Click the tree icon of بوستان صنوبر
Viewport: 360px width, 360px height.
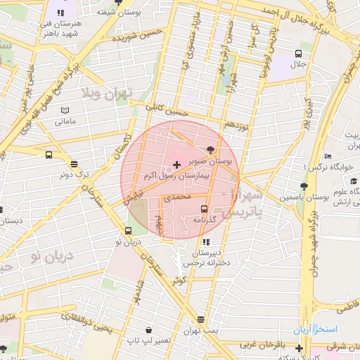coord(210,148)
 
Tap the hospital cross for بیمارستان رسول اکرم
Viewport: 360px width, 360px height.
coord(176,165)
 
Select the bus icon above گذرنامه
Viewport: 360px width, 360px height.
coord(204,209)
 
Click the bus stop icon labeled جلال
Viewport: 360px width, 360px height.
coord(299,53)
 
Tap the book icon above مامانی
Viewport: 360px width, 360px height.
coord(66,111)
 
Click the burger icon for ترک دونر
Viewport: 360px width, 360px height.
coord(74,164)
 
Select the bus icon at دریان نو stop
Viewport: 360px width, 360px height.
coord(128,231)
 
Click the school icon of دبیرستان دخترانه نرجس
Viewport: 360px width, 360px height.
coord(205,243)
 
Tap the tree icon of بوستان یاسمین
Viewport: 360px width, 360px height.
coord(303,186)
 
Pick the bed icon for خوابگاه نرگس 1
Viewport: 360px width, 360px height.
coord(328,156)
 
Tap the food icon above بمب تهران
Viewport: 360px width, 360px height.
coord(202,319)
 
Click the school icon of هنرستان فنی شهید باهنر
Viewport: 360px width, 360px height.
coord(60,13)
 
